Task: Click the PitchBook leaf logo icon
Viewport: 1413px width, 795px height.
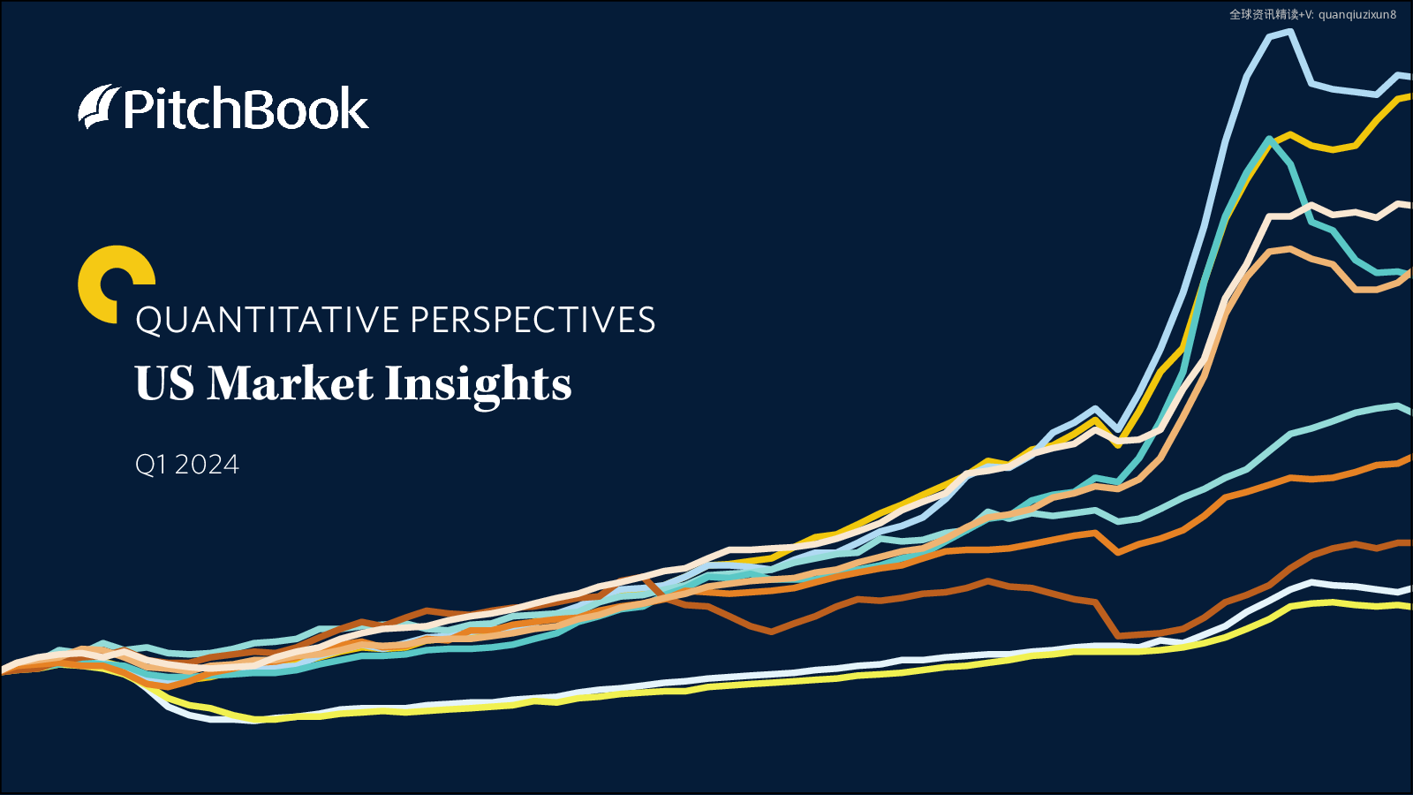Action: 99,107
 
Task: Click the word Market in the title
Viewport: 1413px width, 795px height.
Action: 291,383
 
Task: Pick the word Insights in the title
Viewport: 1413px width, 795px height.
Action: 478,385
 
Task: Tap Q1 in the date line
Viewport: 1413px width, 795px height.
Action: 151,465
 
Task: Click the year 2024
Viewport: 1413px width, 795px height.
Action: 207,465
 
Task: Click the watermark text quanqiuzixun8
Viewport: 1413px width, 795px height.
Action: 1357,14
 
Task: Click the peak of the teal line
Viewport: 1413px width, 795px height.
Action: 1268,139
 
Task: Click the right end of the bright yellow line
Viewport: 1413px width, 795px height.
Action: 1410,607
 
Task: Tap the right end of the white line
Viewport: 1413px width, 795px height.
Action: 1410,589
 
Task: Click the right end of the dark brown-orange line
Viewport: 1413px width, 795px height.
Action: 1410,542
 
